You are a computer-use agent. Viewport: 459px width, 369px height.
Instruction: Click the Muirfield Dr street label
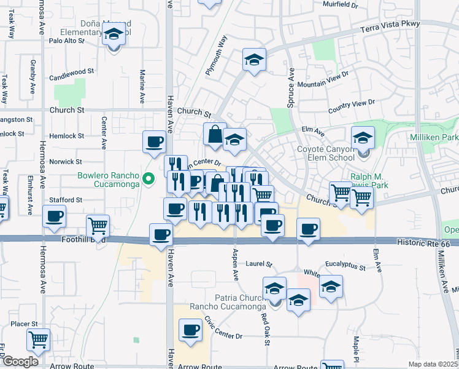[340, 4]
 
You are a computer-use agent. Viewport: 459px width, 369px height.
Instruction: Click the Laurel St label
[258, 264]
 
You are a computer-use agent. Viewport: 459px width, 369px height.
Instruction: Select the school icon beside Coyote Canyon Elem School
[363, 137]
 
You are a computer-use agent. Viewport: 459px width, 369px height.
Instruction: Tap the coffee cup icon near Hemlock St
[154, 141]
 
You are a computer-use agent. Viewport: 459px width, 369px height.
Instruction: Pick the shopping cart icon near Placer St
[39, 339]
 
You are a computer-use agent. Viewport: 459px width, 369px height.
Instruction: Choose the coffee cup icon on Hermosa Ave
[55, 216]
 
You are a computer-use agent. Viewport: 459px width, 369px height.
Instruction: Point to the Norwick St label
[66, 162]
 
